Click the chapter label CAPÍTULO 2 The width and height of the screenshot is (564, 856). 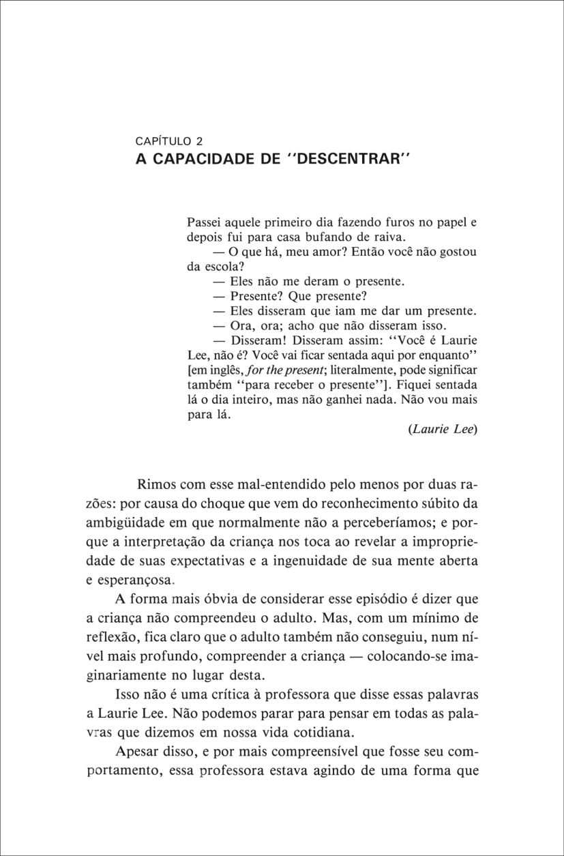pyautogui.click(x=170, y=142)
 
